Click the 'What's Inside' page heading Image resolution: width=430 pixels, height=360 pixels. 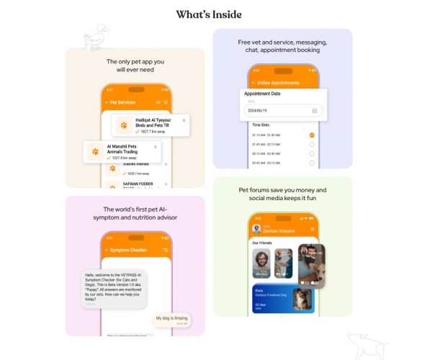209,14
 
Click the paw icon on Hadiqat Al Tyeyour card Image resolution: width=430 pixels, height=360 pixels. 124,125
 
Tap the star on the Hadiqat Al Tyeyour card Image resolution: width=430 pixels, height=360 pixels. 184,120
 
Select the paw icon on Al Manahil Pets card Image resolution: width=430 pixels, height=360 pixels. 94,151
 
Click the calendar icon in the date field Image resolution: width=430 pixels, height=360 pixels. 315,110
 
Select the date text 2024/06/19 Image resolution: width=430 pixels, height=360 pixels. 258,110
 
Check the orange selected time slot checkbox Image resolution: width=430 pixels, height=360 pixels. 312,135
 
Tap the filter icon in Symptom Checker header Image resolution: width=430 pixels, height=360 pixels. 165,250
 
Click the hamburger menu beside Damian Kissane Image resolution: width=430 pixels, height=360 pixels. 313,229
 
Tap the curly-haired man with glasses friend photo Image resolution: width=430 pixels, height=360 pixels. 262,264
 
